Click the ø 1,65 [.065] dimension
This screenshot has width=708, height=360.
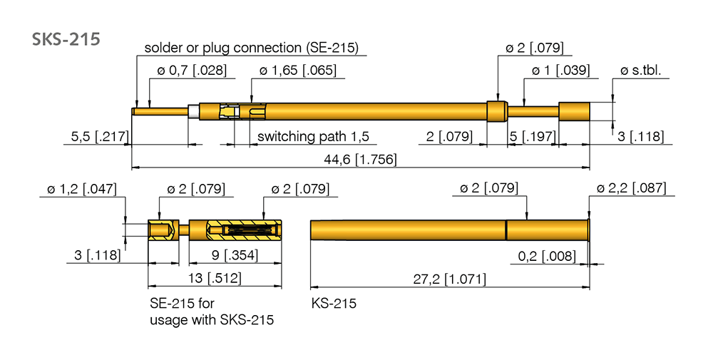pyautogui.click(x=298, y=71)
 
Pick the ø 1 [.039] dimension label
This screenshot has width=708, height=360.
pyautogui.click(x=561, y=71)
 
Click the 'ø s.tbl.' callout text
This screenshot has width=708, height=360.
pyautogui.click(x=641, y=71)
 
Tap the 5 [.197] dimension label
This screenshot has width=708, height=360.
pyautogui.click(x=530, y=136)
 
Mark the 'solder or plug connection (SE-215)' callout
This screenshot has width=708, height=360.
pyautogui.click(x=251, y=48)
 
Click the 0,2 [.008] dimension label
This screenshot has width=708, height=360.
pyautogui.click(x=547, y=255)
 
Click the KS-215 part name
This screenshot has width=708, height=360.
pyautogui.click(x=334, y=304)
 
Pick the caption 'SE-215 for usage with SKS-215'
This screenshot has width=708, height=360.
pyautogui.click(x=211, y=312)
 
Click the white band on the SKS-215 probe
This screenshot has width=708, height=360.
pyautogui.click(x=193, y=111)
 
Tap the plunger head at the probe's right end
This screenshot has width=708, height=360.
pyautogui.click(x=574, y=111)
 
